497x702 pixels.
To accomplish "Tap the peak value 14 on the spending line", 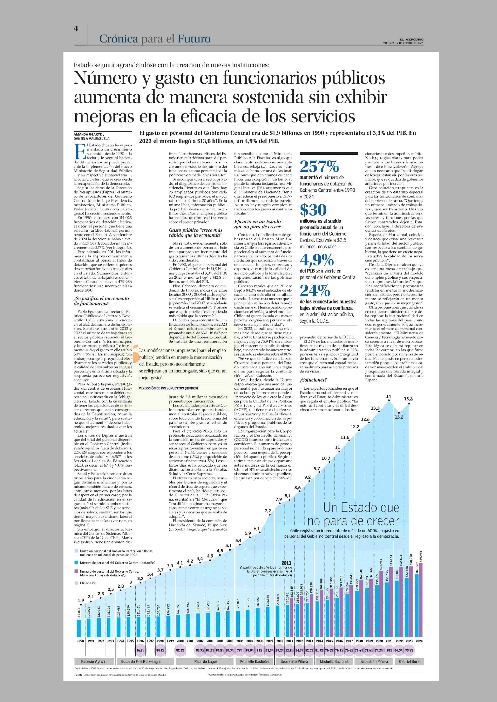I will [x=388, y=396].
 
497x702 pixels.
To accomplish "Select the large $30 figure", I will [x=313, y=210].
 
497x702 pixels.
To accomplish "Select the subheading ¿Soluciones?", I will [x=313, y=380].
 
